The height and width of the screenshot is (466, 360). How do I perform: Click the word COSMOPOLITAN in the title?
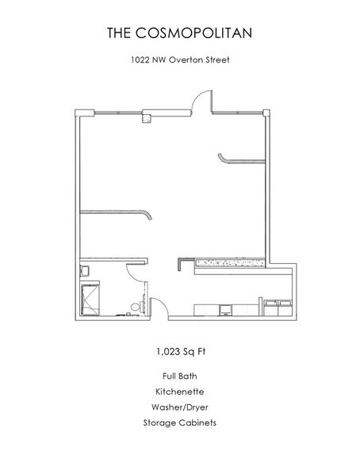click(201, 32)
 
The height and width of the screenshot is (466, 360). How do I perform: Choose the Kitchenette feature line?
click(179, 391)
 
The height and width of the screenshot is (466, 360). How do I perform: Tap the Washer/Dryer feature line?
click(179, 407)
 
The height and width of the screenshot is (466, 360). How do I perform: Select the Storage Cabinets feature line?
click(179, 423)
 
